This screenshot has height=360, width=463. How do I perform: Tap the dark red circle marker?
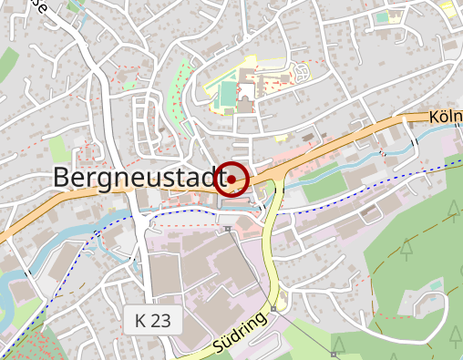234,179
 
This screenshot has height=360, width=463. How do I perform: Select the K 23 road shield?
153,320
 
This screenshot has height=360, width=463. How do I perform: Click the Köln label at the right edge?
446,118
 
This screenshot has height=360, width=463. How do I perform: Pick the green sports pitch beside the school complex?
226,94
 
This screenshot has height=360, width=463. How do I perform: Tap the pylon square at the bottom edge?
334,353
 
